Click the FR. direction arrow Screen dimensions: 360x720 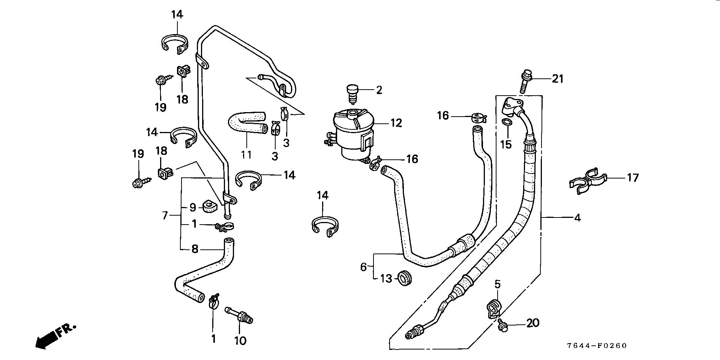tap(54, 336)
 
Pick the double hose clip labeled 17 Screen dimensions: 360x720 tap(587, 181)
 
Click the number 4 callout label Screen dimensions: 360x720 tap(577, 217)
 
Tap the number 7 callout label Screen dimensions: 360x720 tap(165, 216)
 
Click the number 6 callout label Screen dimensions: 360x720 tap(363, 267)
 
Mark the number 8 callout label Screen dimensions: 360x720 tap(195, 249)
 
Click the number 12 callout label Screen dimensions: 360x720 tap(396, 123)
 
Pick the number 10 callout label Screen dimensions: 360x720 tap(240, 340)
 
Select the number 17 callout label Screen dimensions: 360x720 tap(633, 177)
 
